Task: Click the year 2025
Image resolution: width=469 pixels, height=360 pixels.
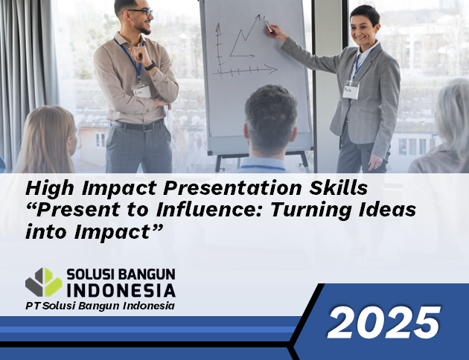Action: [x=383, y=322]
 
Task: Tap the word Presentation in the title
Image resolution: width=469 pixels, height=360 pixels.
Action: [x=233, y=189]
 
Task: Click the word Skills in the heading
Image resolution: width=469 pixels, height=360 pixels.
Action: [x=338, y=188]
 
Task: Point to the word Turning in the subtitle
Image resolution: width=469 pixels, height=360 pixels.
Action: [x=311, y=210]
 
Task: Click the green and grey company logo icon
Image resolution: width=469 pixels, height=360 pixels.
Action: [x=44, y=283]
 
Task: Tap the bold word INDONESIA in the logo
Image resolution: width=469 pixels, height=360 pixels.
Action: [x=121, y=290]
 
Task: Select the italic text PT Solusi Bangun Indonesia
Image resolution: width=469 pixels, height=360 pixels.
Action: [x=100, y=306]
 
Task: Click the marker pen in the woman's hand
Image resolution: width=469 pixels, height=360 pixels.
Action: [x=268, y=25]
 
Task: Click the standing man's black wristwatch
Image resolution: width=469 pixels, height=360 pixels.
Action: [x=150, y=65]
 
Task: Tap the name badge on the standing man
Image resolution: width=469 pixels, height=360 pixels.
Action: [x=141, y=91]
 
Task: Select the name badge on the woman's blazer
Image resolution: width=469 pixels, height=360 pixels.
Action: [x=351, y=89]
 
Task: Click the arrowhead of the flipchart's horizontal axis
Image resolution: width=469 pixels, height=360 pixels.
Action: [x=271, y=69]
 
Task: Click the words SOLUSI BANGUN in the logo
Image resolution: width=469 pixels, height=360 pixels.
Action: [x=121, y=274]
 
